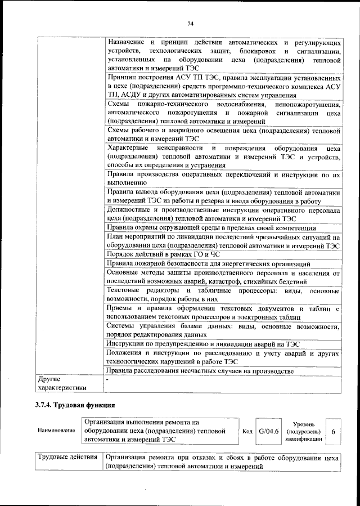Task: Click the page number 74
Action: point(190,23)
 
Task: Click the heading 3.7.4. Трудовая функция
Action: point(71,404)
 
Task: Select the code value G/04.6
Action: point(268,431)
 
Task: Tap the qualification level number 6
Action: point(334,431)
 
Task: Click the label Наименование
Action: point(56,431)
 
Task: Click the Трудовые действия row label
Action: point(67,458)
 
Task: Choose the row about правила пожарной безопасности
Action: point(208,263)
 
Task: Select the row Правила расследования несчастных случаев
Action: point(200,370)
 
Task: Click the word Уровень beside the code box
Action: point(304,423)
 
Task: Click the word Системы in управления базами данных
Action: point(120,326)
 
